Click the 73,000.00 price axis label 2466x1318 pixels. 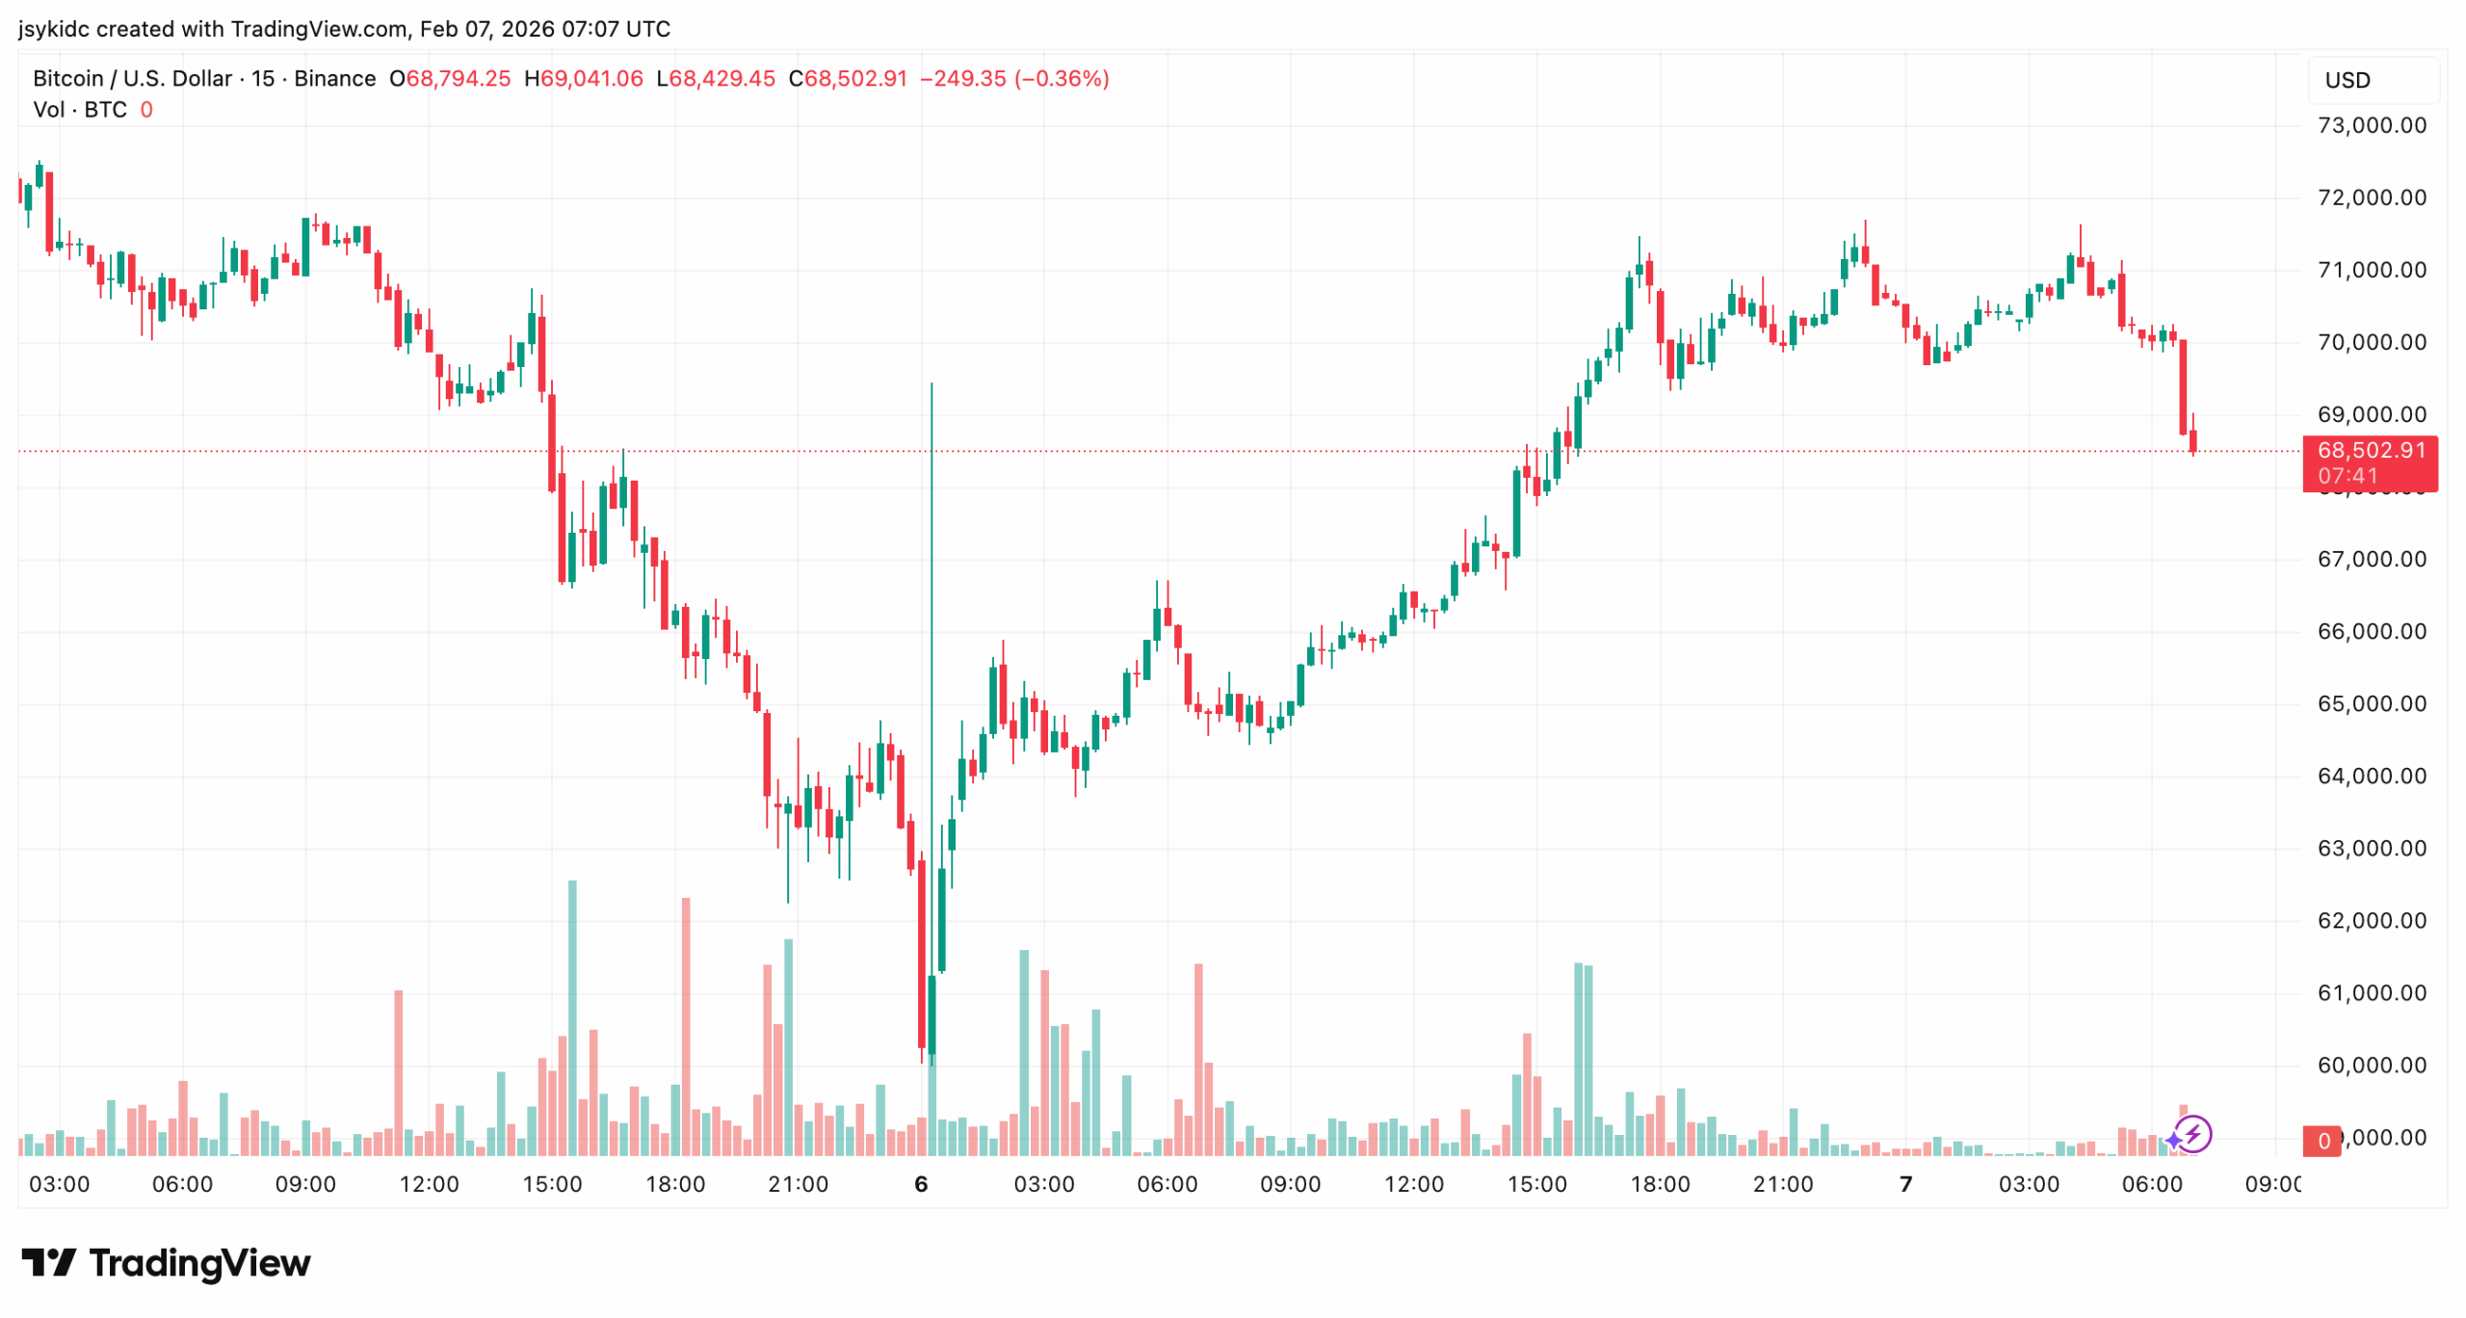click(2371, 125)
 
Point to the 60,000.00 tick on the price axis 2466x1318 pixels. click(2371, 1065)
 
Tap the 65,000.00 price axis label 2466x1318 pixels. click(2371, 703)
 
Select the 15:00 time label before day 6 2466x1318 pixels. click(552, 1184)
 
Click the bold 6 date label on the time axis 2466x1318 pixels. click(921, 1184)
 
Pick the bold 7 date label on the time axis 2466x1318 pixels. click(1905, 1184)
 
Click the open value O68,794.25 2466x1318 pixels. click(450, 78)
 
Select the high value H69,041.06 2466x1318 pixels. click(583, 78)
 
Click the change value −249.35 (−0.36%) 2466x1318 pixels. click(1014, 78)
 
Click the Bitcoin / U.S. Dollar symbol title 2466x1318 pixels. click(132, 78)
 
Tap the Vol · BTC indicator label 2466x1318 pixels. click(80, 110)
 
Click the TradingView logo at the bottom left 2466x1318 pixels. click(166, 1262)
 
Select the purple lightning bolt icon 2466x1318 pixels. click(2193, 1134)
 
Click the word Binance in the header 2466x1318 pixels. click(334, 78)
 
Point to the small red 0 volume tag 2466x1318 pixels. click(2322, 1141)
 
